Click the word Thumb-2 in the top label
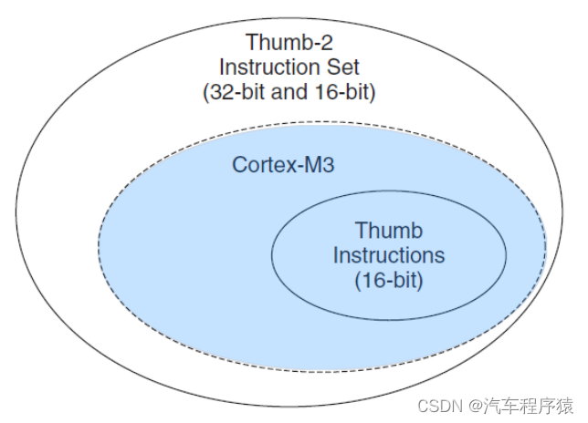tap(289, 42)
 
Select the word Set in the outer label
tap(343, 67)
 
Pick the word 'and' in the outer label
tap(290, 92)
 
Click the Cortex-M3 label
tap(283, 165)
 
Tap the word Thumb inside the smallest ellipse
tap(389, 230)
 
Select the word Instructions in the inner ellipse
tap(389, 255)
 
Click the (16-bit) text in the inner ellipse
tap(389, 280)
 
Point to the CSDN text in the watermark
tap(440, 406)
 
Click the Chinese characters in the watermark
tap(528, 406)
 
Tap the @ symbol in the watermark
tap(475, 407)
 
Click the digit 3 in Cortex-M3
tap(328, 165)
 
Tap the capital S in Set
tap(334, 67)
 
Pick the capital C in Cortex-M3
tap(239, 165)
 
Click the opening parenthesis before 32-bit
tap(205, 92)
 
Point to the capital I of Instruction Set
tap(221, 67)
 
